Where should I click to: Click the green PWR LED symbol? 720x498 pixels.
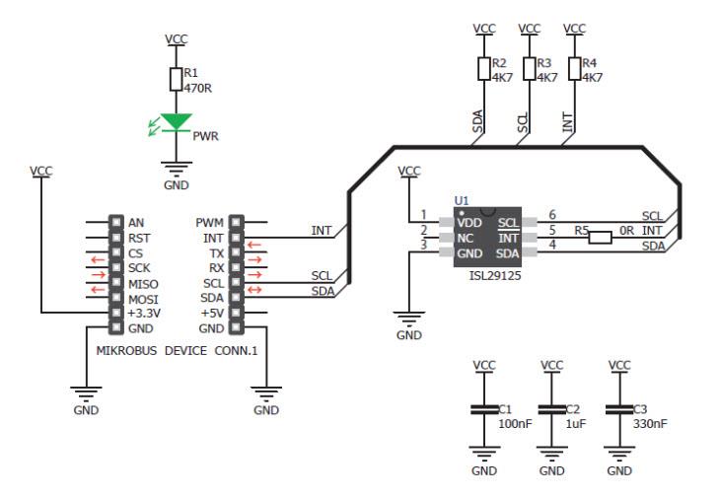click(178, 122)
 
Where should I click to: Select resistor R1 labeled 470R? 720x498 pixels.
click(175, 79)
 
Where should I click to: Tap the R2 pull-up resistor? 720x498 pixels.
click(484, 68)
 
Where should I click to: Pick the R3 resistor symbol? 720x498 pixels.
click(530, 68)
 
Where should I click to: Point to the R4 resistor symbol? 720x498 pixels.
click(575, 68)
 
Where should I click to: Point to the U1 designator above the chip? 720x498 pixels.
click(462, 200)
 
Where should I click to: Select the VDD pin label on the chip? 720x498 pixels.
click(468, 223)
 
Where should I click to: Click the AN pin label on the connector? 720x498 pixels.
click(136, 223)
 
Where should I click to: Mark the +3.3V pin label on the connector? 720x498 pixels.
click(143, 314)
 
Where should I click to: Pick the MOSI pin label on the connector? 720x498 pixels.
click(142, 299)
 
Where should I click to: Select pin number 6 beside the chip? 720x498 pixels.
click(551, 215)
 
